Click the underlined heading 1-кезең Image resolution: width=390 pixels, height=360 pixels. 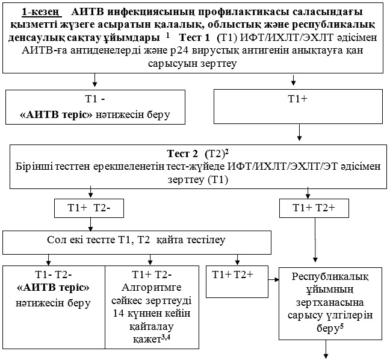pyautogui.click(x=43, y=12)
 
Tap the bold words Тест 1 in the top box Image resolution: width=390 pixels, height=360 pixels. pyautogui.click(x=198, y=37)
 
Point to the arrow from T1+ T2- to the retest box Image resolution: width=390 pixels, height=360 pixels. pyautogui.click(x=91, y=224)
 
